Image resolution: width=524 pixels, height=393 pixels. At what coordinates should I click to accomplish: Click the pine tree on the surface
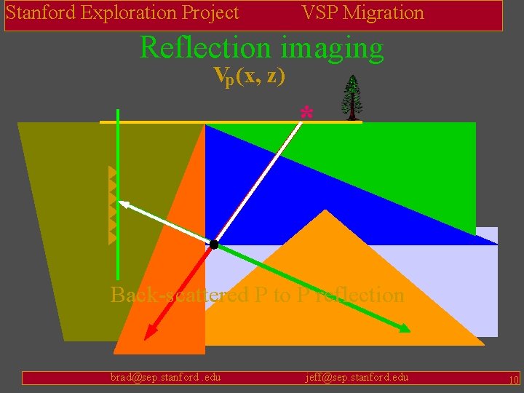(x=353, y=97)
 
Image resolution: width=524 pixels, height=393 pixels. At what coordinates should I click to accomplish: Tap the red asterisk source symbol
(x=306, y=113)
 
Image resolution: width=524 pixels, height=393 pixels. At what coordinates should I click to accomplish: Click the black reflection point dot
(x=214, y=245)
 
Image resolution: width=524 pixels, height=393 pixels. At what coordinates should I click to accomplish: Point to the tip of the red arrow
(x=146, y=338)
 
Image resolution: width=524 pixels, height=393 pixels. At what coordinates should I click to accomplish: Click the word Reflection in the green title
(x=204, y=47)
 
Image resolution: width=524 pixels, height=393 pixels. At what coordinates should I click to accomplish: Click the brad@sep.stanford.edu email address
(x=165, y=377)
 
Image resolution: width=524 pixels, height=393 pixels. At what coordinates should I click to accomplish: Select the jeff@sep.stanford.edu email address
(x=357, y=377)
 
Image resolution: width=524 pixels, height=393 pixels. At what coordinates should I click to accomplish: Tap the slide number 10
(x=513, y=379)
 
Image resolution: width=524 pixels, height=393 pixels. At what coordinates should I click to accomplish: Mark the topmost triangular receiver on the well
(x=112, y=173)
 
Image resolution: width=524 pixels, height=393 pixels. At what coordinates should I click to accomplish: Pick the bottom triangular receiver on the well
(x=112, y=237)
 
